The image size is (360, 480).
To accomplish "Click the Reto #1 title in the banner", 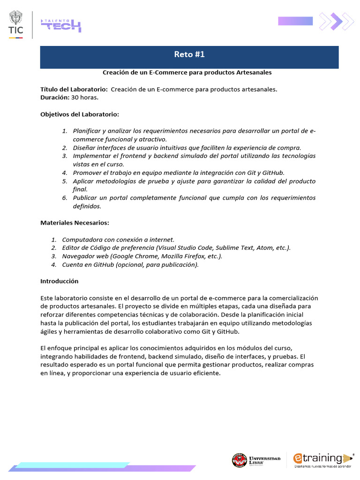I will [189, 55].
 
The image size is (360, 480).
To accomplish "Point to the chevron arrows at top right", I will [336, 21].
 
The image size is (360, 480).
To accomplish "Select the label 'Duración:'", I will [55, 97].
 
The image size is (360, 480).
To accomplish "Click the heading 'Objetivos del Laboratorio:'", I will [80, 114].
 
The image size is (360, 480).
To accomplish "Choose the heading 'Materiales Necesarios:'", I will [75, 223].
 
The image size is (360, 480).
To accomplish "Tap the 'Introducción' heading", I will [60, 281].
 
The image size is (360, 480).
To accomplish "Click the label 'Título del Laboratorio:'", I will [74, 89].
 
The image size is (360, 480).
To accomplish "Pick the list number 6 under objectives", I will [65, 198].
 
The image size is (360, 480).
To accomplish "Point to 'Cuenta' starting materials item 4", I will [73, 265].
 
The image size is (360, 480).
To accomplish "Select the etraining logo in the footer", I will [322, 459].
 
